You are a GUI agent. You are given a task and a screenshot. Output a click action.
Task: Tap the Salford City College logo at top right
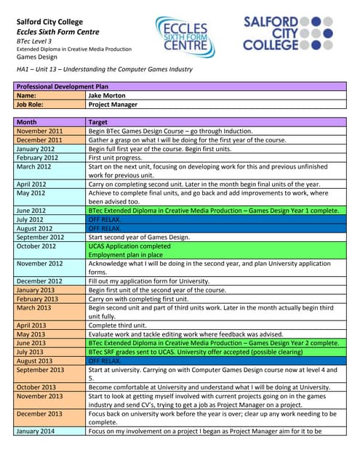[288, 33]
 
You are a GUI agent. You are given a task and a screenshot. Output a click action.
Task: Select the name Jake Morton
[106, 95]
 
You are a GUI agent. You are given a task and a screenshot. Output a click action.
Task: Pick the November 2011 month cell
[39, 131]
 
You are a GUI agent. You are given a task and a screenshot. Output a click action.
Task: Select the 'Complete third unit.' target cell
[120, 325]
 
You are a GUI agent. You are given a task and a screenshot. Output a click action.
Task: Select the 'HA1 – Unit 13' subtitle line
[104, 69]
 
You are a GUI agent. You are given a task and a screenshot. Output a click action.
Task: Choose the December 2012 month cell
[39, 281]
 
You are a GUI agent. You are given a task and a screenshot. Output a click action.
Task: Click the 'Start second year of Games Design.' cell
[138, 237]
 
